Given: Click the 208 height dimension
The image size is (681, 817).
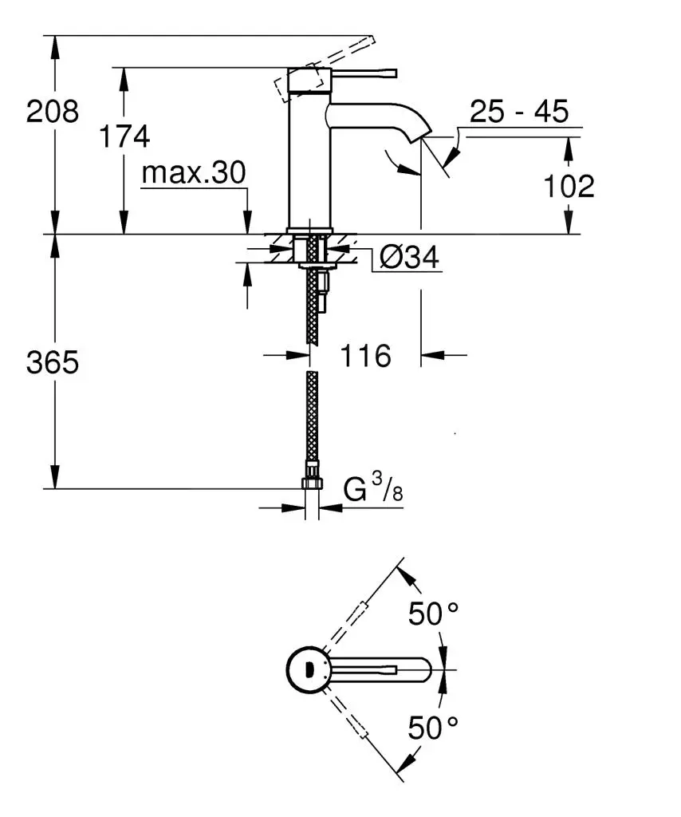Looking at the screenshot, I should point(53,111).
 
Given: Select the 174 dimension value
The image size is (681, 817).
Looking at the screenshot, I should point(124,136).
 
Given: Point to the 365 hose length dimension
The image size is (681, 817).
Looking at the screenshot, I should point(53,363).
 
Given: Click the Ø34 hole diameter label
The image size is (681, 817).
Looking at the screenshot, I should point(409,257).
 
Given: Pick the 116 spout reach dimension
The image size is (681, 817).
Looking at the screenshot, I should point(366,356).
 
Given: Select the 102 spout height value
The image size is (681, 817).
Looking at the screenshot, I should point(569,187).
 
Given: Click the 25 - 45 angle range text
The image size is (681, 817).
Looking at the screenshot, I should point(518,112).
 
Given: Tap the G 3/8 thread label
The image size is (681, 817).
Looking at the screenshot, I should point(373,489).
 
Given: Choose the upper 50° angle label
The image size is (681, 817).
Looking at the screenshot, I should point(434,614).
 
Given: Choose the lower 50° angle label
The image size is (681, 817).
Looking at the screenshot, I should point(434,727).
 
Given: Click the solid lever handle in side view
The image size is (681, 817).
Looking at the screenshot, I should point(363,73).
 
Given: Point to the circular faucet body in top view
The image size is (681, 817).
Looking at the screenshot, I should point(307,669).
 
